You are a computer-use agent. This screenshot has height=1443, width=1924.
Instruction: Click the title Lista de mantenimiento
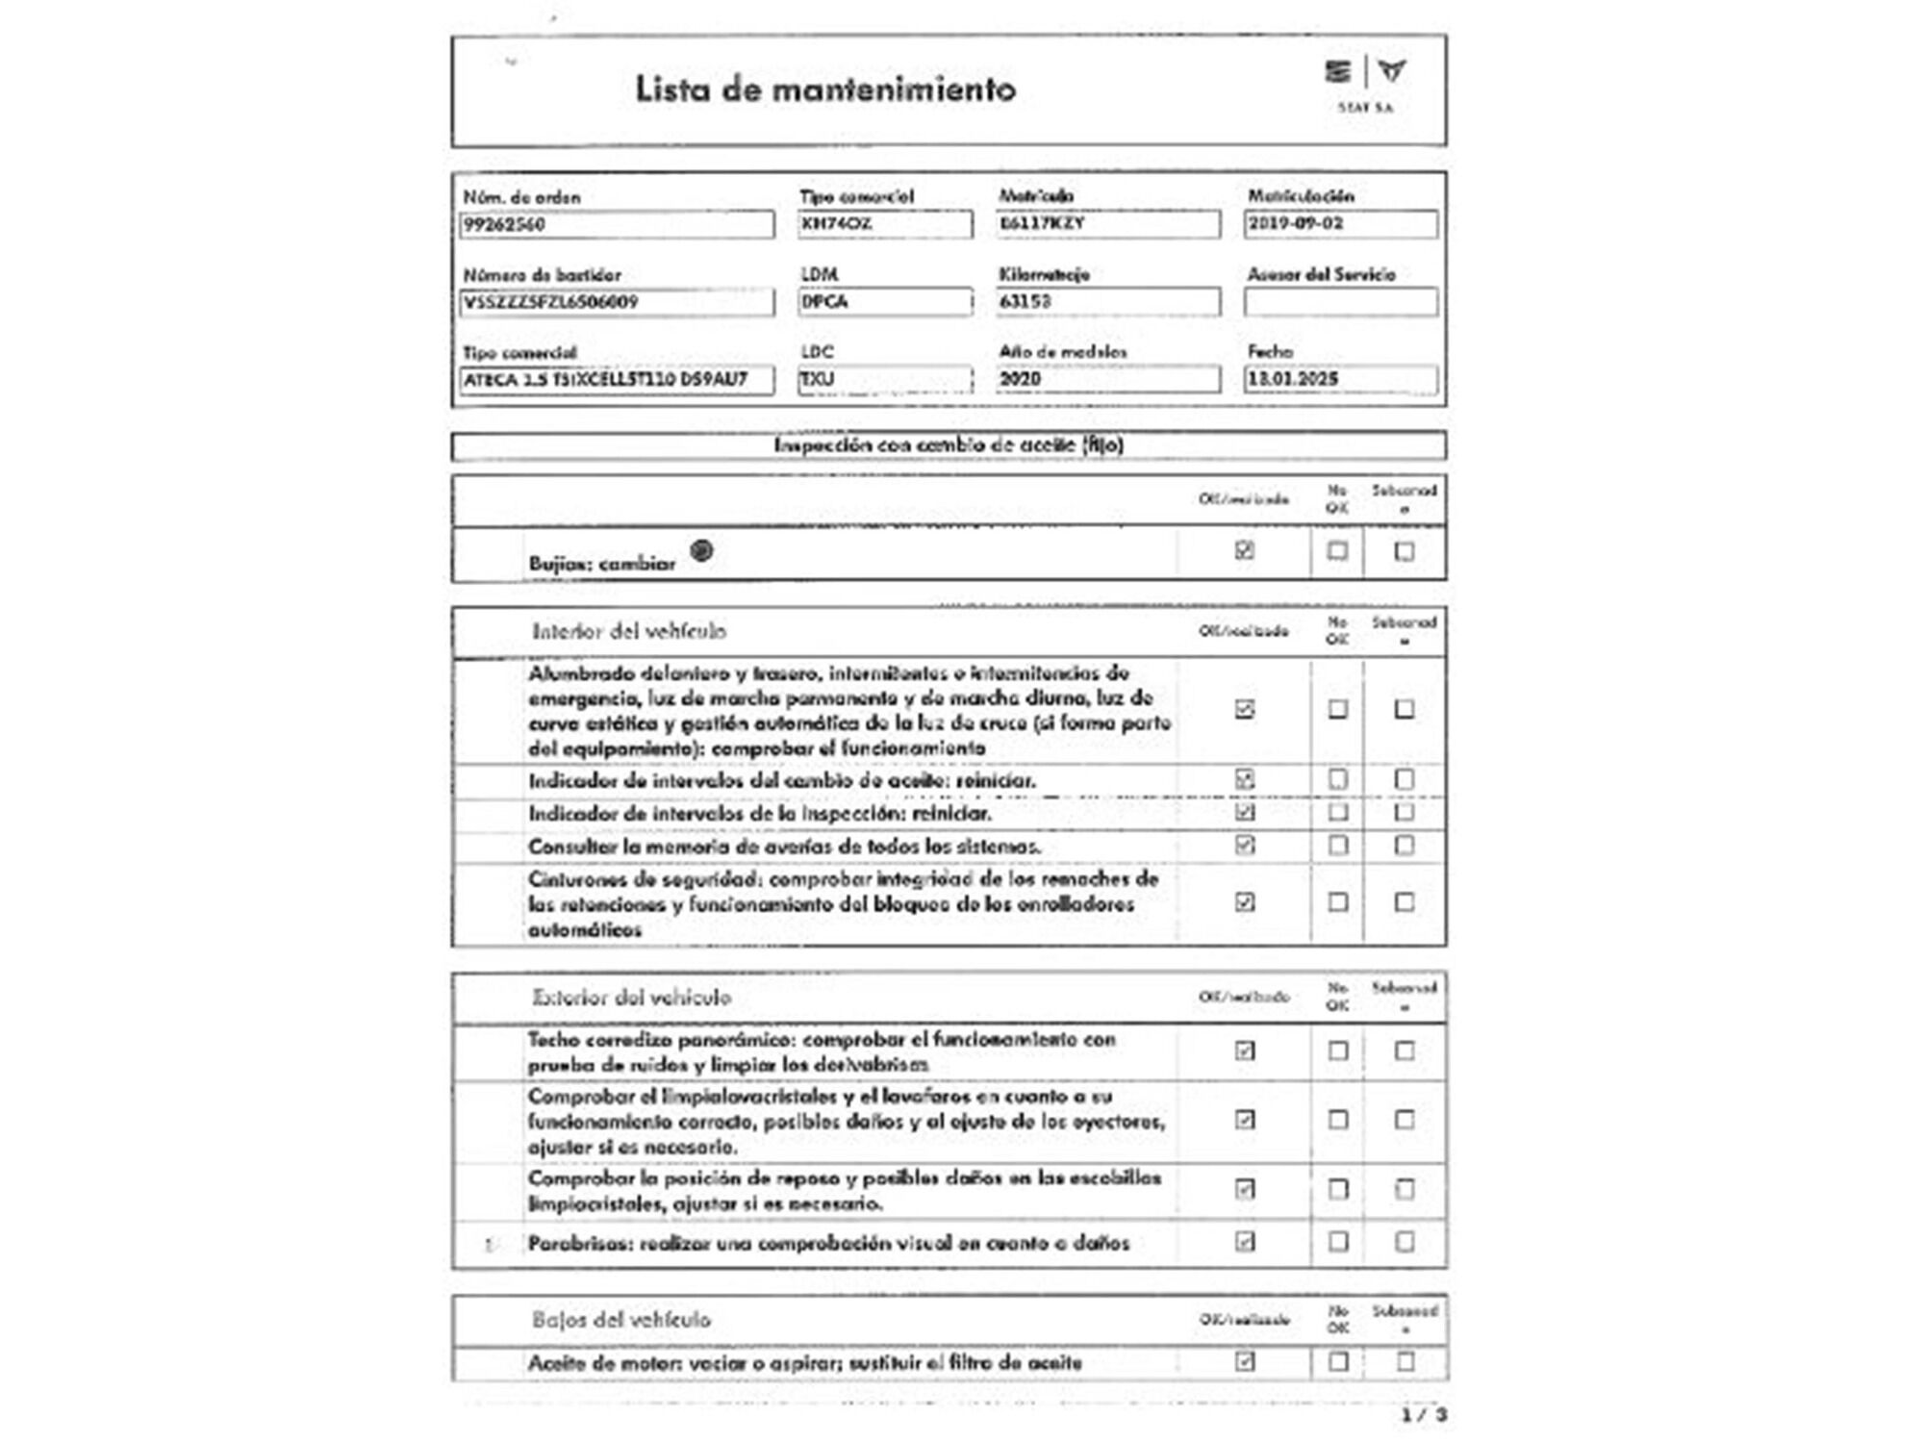tap(824, 89)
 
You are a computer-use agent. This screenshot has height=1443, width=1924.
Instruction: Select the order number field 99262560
tap(616, 224)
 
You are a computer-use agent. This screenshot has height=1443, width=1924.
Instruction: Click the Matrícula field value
tap(1107, 224)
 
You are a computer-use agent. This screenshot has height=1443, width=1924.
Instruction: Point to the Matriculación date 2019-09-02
tap(1340, 224)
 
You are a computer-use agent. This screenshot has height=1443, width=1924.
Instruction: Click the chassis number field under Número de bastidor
tap(616, 302)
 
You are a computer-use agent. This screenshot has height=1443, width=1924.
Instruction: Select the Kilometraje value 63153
tap(1107, 302)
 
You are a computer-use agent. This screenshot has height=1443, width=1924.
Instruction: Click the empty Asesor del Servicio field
tap(1340, 302)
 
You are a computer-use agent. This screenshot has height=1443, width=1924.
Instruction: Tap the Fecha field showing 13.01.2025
tap(1340, 379)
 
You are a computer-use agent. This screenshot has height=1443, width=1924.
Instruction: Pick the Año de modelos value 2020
tap(1107, 379)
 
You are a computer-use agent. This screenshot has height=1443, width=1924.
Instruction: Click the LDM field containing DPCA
tap(884, 302)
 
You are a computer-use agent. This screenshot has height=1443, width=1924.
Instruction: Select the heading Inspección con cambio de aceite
tap(949, 445)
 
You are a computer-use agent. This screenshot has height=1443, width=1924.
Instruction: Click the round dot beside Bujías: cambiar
tap(702, 550)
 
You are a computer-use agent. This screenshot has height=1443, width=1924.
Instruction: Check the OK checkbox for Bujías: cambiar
tap(1244, 550)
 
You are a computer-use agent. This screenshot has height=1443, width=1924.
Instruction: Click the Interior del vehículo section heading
tap(629, 631)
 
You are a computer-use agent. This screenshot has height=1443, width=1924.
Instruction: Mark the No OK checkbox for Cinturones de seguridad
tap(1337, 902)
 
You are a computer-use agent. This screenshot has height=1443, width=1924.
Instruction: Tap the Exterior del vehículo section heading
tap(631, 997)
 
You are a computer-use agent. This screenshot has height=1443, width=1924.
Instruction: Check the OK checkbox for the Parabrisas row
tap(1244, 1242)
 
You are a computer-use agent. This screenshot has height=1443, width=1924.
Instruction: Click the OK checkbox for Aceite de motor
tap(1244, 1361)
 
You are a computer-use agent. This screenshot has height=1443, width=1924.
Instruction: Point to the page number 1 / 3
tap(1424, 1415)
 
